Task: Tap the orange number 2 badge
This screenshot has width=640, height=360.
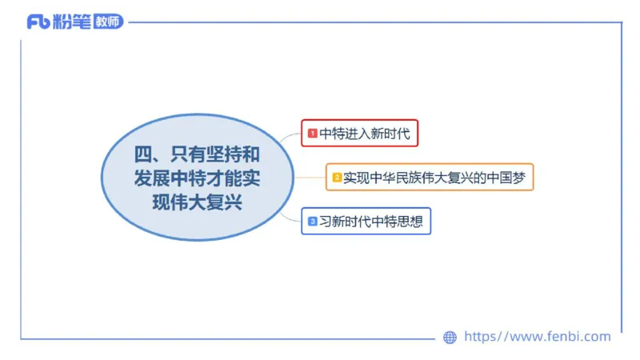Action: (337, 178)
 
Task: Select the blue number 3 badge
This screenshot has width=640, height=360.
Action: (313, 222)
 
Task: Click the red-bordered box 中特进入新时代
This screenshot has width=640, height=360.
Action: (360, 134)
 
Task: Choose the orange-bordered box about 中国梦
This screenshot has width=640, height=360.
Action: (430, 178)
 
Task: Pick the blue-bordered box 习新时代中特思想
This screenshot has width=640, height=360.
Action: (366, 222)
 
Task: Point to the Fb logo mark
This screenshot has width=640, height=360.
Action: (38, 22)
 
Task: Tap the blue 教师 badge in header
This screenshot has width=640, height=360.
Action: (108, 22)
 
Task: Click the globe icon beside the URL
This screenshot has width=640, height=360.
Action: (450, 338)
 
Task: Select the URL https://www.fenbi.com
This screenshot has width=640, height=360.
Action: (538, 337)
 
